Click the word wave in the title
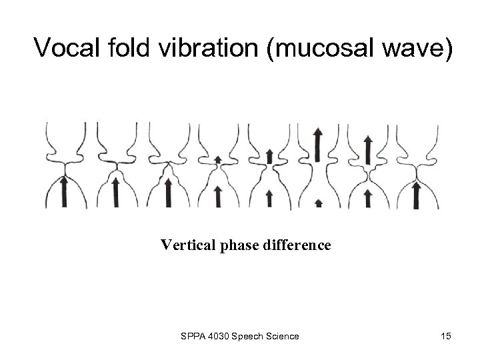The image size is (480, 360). pos(416,48)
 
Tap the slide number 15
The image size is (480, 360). pos(445,336)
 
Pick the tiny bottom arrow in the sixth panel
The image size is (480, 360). pos(318,203)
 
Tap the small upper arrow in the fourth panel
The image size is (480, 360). pos(218,159)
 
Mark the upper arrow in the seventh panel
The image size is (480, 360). pos(367,150)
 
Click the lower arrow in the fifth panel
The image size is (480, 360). pos(269,198)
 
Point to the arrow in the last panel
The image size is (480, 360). pos(417,195)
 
